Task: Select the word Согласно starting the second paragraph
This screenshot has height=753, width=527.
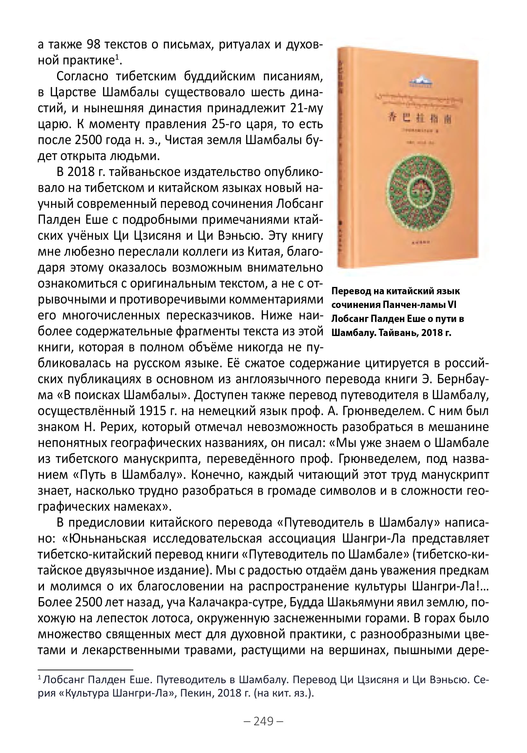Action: pyautogui.click(x=83, y=76)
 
